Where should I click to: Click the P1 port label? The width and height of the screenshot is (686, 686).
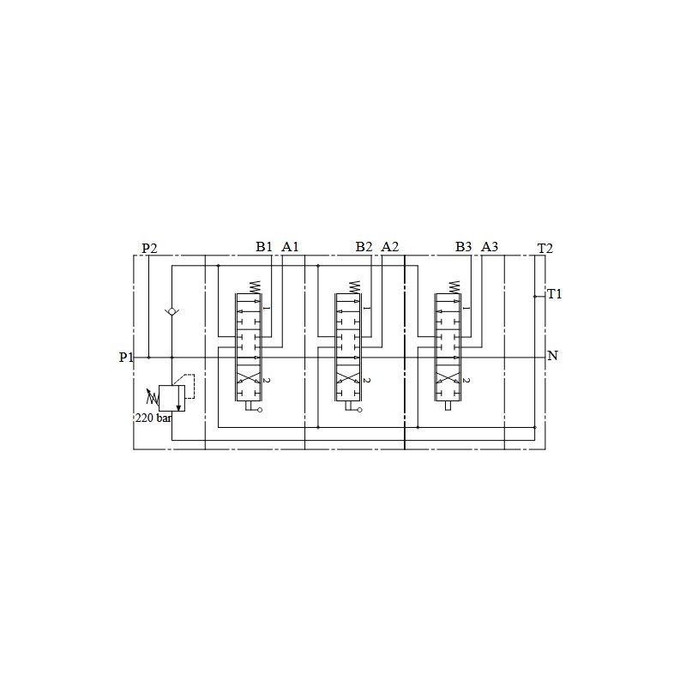click(x=126, y=357)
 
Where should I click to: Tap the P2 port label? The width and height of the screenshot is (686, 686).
click(x=149, y=248)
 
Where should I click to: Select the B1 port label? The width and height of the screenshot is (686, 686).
click(x=264, y=247)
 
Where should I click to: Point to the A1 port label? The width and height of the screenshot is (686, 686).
click(x=290, y=247)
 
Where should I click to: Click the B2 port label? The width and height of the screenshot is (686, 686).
click(x=364, y=247)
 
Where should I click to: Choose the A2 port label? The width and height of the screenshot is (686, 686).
click(x=390, y=247)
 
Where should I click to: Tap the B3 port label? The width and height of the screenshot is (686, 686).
click(x=463, y=247)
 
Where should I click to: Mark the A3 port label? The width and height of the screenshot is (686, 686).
click(x=490, y=247)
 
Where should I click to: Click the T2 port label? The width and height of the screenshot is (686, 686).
click(x=545, y=248)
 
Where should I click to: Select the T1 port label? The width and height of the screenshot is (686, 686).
click(x=554, y=294)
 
